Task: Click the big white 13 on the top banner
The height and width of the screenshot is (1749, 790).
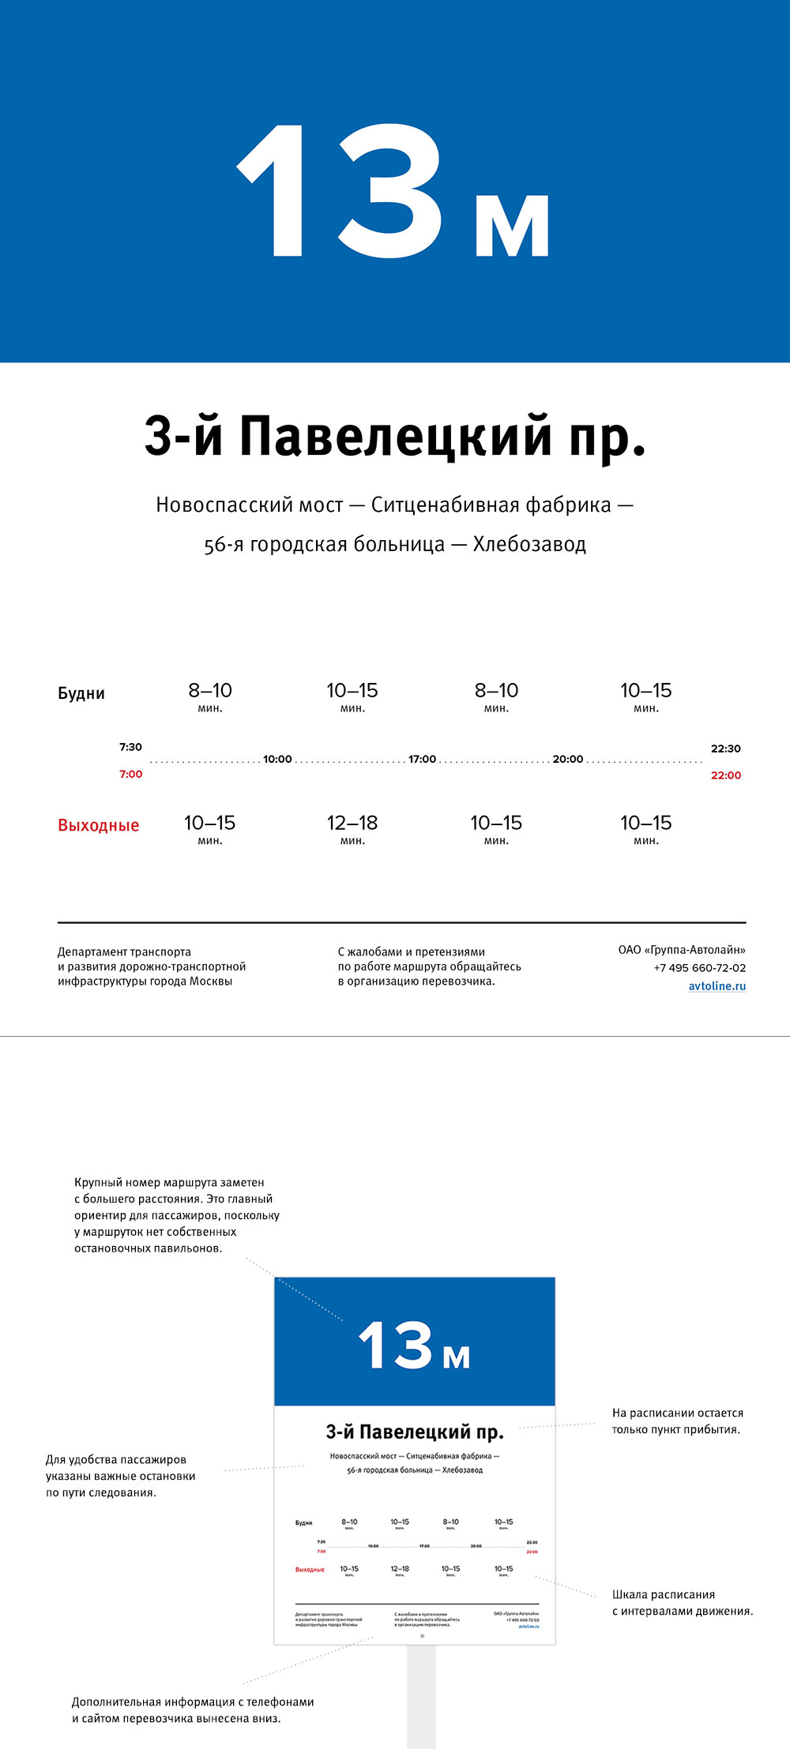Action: click(x=340, y=192)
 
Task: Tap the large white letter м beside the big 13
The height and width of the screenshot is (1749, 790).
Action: click(x=512, y=225)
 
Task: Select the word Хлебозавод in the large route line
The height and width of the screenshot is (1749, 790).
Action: click(x=529, y=544)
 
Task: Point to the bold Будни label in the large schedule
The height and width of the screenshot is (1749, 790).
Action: click(x=81, y=693)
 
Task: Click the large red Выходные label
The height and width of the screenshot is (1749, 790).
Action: click(x=99, y=825)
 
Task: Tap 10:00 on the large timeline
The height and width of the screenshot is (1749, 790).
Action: click(x=277, y=759)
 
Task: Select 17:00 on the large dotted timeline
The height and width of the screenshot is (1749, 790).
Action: click(x=422, y=759)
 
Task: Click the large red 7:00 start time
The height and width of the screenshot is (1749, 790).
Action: click(x=131, y=774)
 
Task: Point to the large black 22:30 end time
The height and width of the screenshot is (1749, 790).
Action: click(x=725, y=749)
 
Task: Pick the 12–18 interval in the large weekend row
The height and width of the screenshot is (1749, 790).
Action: click(x=352, y=823)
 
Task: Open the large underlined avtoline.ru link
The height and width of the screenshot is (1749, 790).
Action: click(x=717, y=985)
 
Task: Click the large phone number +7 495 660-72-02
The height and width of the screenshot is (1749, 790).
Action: click(x=699, y=967)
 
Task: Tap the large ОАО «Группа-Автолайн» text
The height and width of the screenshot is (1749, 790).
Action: click(x=682, y=950)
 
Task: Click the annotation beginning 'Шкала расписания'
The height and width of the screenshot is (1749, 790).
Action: click(x=682, y=1603)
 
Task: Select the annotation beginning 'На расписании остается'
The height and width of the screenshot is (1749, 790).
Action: click(x=677, y=1421)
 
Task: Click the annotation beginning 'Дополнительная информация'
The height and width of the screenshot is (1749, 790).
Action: click(x=193, y=1710)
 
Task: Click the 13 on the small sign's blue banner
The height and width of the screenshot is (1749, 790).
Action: click(x=396, y=1345)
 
